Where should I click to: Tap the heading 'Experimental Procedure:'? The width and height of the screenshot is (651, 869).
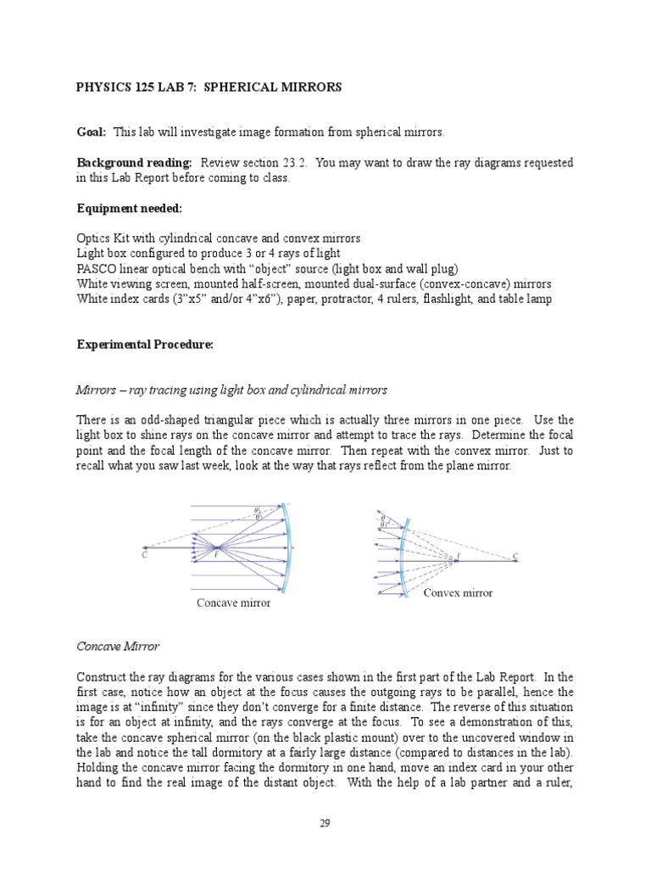[x=146, y=345]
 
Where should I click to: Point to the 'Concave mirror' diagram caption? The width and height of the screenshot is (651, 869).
[x=234, y=603]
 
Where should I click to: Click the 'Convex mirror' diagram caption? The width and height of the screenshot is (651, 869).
[x=458, y=592]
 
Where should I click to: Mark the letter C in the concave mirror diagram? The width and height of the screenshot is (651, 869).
[x=145, y=556]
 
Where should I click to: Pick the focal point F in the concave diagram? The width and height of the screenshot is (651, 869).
[x=216, y=554]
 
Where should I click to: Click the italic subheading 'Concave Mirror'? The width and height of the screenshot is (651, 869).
[x=118, y=647]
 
